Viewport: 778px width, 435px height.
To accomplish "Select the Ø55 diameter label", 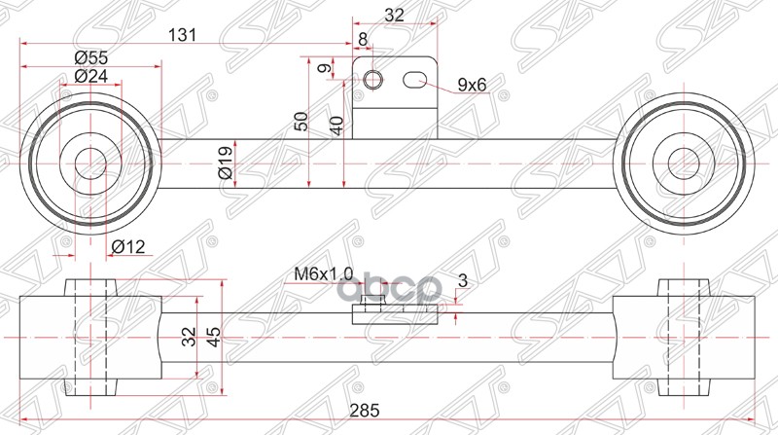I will click(90, 57).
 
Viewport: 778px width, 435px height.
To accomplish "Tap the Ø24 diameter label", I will click(90, 76).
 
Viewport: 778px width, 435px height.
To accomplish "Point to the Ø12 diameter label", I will click(127, 247).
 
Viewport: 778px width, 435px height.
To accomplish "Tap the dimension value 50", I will click(301, 121).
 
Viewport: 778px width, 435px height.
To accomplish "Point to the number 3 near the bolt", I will click(461, 281).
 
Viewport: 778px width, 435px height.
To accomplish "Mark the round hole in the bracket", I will click(374, 80).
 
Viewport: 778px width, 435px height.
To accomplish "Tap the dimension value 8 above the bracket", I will click(363, 39).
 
